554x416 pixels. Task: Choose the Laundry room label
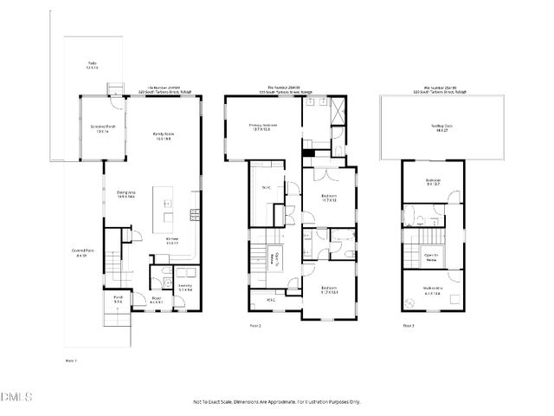[184, 287]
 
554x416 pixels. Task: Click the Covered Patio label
[83, 253]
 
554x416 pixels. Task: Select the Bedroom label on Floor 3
[434, 183]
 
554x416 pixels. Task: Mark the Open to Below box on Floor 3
[430, 257]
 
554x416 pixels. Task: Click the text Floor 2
[254, 326]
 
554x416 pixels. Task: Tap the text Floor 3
[408, 326]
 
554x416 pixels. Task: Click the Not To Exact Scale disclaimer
[276, 402]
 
